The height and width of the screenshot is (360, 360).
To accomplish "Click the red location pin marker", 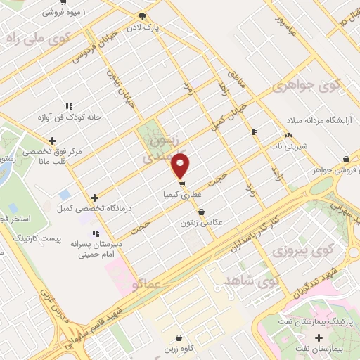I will coord(181,166).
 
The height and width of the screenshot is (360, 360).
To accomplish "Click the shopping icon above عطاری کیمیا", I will coord(182,184).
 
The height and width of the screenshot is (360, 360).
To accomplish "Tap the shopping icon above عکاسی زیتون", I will coord(202,211).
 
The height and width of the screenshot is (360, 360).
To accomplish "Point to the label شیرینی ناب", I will coord(289,147).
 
